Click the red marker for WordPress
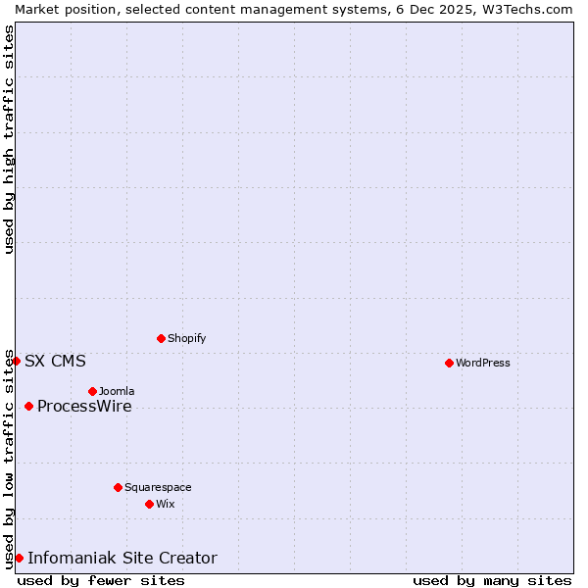449,363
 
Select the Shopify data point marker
161,338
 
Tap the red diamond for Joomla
92,391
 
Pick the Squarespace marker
118,487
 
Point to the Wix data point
149,504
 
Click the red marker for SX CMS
16,361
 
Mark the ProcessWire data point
28,406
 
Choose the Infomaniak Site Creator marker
19,558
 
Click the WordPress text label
483,363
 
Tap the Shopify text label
186,338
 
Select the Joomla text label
117,391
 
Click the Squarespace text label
158,487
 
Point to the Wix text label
166,504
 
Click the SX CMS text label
55,361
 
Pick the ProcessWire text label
84,406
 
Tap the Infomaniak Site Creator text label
122,558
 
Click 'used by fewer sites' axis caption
101,580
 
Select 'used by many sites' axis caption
492,580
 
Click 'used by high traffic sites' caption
9,139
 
